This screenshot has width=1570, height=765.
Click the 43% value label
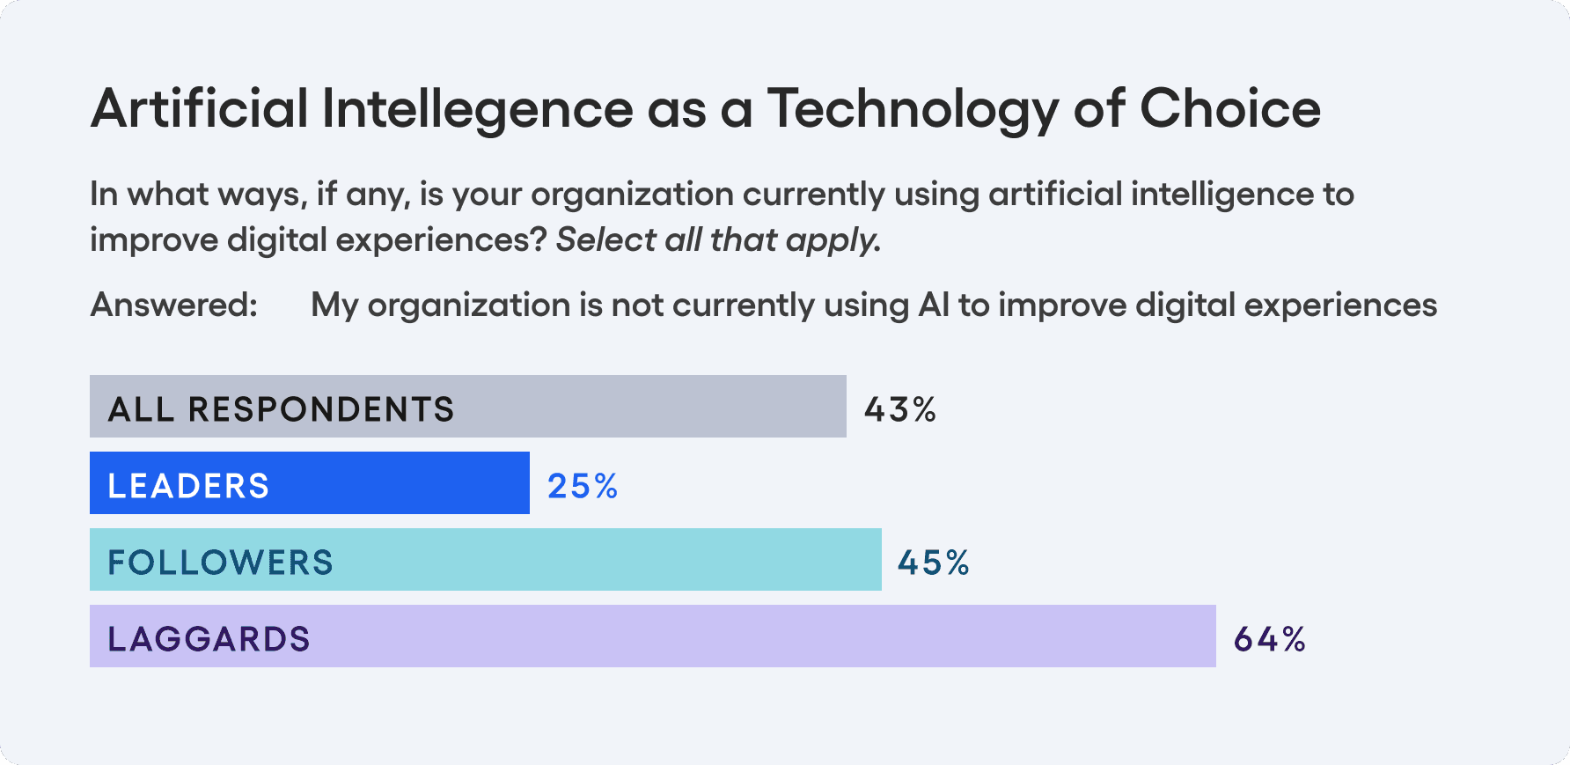[x=899, y=409]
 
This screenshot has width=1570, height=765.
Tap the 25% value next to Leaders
[x=583, y=486]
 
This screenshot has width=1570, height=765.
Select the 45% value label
[x=933, y=563]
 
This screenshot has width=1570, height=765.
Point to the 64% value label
[x=1269, y=639]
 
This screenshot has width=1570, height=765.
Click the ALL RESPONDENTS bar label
[x=281, y=409]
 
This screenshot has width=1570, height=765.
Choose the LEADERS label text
[x=188, y=486]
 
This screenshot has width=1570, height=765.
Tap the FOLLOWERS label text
[x=220, y=563]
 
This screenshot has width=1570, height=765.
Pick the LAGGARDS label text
[x=209, y=639]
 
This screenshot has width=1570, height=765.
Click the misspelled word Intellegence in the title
[x=476, y=109]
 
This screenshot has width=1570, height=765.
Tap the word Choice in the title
[x=1229, y=109]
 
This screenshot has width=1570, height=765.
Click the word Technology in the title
[x=913, y=109]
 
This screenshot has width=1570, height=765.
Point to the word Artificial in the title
[x=199, y=109]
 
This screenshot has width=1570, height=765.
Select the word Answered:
[x=174, y=305]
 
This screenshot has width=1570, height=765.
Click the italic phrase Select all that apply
[x=718, y=240]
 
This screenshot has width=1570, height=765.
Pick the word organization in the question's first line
[x=632, y=195]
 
